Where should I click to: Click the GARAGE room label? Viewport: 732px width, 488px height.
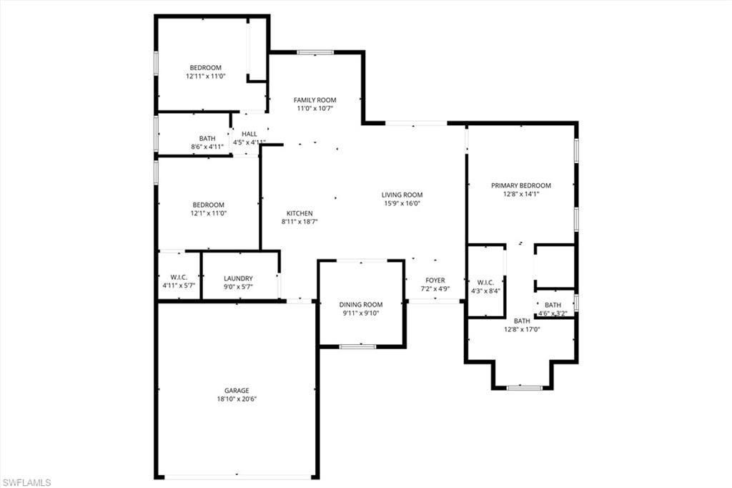coord(237,391)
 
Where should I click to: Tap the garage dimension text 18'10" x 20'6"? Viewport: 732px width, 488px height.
coord(237,399)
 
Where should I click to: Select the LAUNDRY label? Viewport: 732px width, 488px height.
coord(238,279)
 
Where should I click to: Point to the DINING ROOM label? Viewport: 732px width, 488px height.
coord(361,305)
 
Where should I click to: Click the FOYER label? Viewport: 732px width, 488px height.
coord(435,280)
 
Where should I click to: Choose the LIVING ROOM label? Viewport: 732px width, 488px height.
coord(402,195)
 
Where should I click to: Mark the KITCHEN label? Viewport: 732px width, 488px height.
coord(300,213)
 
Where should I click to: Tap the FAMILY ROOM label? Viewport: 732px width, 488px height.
coord(315,100)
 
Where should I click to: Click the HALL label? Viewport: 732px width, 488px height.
coord(249,134)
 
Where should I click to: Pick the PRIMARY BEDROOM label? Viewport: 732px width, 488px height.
coord(521,185)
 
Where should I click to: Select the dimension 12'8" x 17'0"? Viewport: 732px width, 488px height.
coord(522,329)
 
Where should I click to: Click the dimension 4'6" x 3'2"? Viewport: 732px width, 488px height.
coord(553,313)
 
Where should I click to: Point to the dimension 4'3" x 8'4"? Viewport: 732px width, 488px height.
coord(485,291)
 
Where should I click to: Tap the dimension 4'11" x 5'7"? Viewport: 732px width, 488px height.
coord(179,286)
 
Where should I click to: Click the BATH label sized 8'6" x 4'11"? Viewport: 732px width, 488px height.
coord(207,138)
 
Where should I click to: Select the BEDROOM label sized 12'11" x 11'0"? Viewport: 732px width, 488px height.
coord(206,68)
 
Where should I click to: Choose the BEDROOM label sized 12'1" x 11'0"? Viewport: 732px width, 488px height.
coord(208,205)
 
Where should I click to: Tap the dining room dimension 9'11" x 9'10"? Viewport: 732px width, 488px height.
coord(361,313)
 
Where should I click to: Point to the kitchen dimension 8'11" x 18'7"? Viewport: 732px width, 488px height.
coord(300,222)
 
